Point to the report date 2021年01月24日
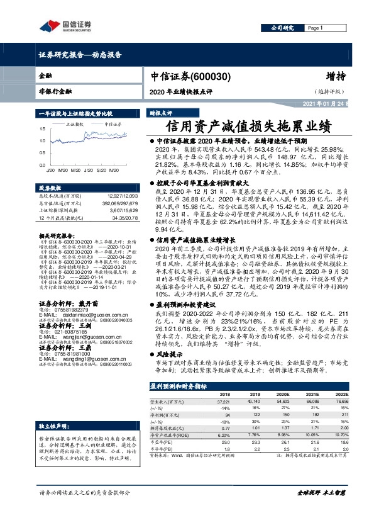(325, 104)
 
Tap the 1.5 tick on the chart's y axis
(41, 128)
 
